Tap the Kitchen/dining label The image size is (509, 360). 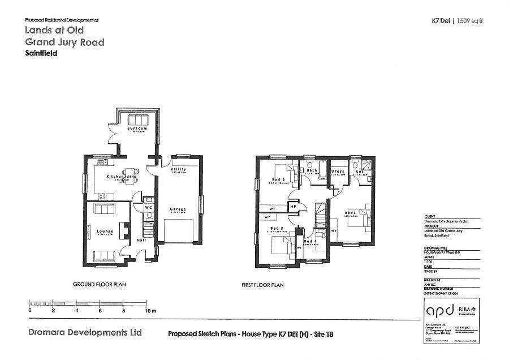click(x=122, y=177)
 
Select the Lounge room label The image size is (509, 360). click(x=105, y=231)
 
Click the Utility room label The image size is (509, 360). click(x=178, y=169)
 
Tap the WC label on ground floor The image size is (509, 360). click(x=148, y=207)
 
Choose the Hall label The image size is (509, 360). click(x=142, y=240)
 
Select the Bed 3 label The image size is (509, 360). click(x=277, y=229)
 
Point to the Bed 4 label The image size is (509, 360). click(x=310, y=241)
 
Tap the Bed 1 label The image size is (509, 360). click(x=351, y=213)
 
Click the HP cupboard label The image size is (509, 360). click(x=293, y=207)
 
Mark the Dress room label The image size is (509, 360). click(x=338, y=172)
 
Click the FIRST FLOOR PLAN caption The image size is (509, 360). click(x=262, y=286)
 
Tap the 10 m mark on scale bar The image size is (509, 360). click(x=150, y=311)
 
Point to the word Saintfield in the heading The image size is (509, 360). click(x=41, y=54)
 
